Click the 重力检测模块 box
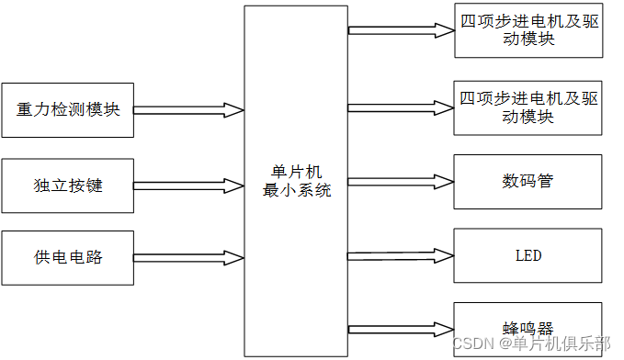coord(68,110)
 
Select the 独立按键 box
coord(68,185)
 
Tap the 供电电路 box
coord(68,256)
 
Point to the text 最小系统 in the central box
coord(296,192)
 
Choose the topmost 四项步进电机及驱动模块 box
coord(528,30)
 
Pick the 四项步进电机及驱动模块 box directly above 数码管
coord(528,107)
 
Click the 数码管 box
coord(528,181)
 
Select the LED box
coord(528,254)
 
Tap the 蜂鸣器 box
coord(528,327)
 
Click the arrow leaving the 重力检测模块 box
coord(188,110)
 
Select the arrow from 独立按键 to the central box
coord(188,185)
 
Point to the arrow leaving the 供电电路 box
coord(188,256)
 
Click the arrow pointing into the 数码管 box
coord(401,181)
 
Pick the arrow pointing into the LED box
coord(401,254)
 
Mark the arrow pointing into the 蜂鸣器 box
coord(401,325)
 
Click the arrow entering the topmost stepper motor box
coord(401,30)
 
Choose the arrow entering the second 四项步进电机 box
coord(401,107)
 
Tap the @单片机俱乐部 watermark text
coord(555,343)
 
